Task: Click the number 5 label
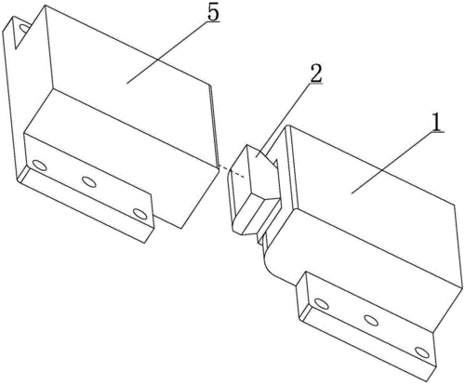[213, 13]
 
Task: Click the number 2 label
[316, 73]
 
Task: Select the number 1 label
[436, 122]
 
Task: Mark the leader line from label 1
[398, 163]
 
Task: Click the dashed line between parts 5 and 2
[232, 172]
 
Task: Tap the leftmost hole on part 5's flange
[40, 166]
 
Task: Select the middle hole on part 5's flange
[88, 182]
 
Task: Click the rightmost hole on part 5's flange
[139, 214]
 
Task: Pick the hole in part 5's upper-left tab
[25, 28]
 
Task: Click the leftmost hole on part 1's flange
[322, 303]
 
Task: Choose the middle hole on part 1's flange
[371, 320]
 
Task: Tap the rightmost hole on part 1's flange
[422, 352]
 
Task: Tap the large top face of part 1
[372, 198]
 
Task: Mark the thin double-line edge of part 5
[214, 124]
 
